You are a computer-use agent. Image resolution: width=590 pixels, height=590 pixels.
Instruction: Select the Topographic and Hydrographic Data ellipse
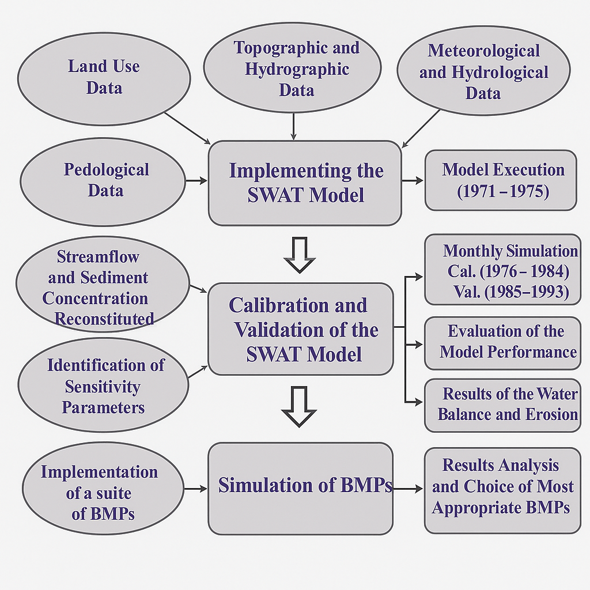coord(293,68)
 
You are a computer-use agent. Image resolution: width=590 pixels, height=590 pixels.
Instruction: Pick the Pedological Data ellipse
coord(104,180)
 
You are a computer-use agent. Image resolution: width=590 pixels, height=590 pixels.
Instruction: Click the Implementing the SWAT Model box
coord(305,183)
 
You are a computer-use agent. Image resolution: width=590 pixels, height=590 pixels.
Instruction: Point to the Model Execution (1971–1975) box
coord(501,180)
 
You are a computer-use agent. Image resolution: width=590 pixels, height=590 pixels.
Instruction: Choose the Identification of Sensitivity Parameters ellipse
coord(104,385)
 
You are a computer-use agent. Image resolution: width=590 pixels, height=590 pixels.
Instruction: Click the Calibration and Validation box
coord(301,329)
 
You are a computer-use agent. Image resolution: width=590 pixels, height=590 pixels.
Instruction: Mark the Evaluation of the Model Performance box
coord(502,342)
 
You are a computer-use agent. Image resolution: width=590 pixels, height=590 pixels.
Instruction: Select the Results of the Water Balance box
coord(502,404)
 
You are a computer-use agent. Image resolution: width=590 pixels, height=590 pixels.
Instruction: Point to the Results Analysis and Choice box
coord(502,490)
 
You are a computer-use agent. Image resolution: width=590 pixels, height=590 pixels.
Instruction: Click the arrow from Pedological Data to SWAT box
coord(196,181)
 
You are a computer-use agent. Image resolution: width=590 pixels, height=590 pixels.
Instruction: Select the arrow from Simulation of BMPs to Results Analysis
coord(409,489)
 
